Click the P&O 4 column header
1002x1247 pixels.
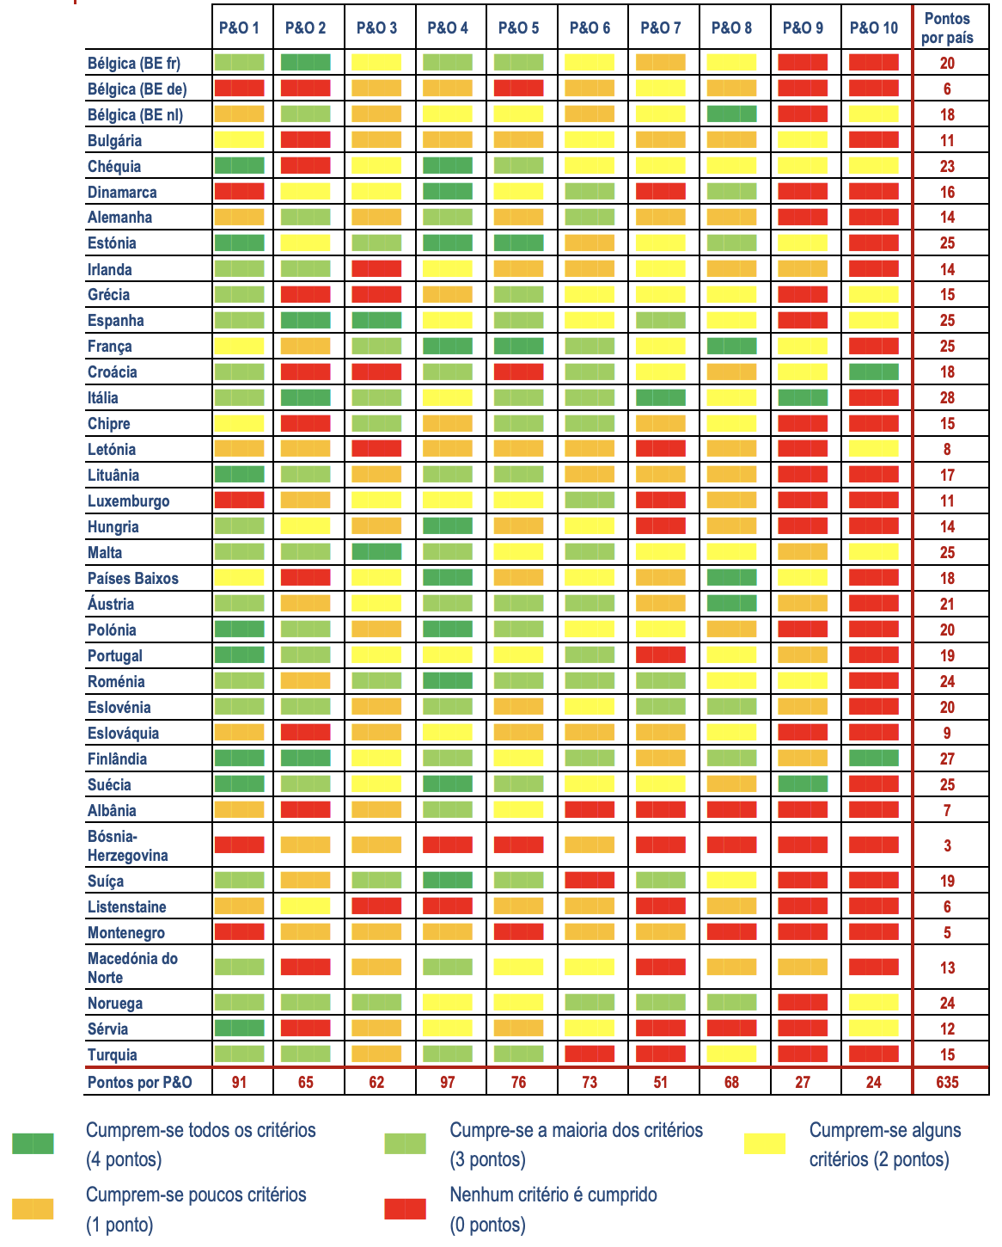pyautogui.click(x=448, y=28)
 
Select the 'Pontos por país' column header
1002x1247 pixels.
pyautogui.click(x=947, y=28)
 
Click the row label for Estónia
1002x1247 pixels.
pyautogui.click(x=112, y=243)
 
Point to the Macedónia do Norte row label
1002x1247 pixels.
pyautogui.click(x=132, y=967)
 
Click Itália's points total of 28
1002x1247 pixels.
pyautogui.click(x=947, y=398)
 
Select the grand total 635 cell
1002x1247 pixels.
pyautogui.click(x=947, y=1082)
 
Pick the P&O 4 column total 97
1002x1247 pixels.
pyautogui.click(x=448, y=1082)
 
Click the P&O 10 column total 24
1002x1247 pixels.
pyautogui.click(x=873, y=1082)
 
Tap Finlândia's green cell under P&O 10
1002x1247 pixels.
pyautogui.click(x=873, y=759)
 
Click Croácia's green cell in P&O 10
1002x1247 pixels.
pyautogui.click(x=873, y=372)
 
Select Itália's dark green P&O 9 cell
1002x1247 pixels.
pyautogui.click(x=803, y=398)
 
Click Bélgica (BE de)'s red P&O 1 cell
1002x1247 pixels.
pyautogui.click(x=239, y=89)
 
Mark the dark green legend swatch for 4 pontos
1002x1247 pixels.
pyautogui.click(x=33, y=1144)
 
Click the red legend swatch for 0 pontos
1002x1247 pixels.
pyautogui.click(x=405, y=1209)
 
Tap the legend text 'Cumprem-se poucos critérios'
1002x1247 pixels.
pyautogui.click(x=196, y=1195)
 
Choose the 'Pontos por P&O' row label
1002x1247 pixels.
pyautogui.click(x=140, y=1082)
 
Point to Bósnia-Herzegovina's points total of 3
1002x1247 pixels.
pyautogui.click(x=947, y=845)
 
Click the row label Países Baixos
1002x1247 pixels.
pyautogui.click(x=133, y=578)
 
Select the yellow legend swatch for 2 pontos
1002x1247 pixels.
pyautogui.click(x=764, y=1144)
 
